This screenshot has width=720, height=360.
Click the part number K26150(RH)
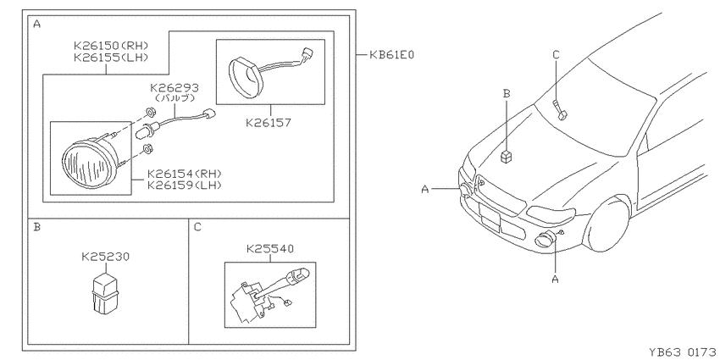(x=111, y=46)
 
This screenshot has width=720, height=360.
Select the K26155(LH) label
(x=111, y=58)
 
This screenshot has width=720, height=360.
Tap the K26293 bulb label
(x=174, y=88)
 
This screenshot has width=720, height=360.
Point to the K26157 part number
(x=269, y=123)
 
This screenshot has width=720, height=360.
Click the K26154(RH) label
(x=185, y=174)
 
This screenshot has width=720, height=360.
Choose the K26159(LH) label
(x=184, y=186)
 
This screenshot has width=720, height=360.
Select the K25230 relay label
(x=106, y=257)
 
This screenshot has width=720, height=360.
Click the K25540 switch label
(x=270, y=249)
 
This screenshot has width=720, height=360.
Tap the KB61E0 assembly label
(x=391, y=55)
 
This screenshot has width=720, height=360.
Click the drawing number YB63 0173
(x=683, y=352)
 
